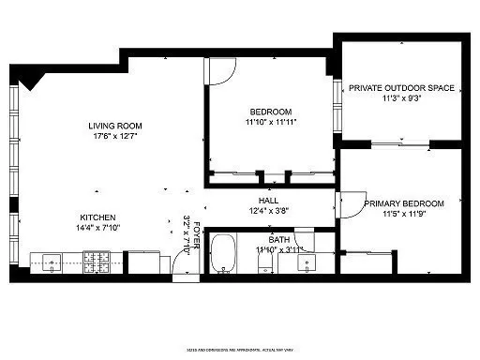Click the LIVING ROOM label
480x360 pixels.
pos(114,126)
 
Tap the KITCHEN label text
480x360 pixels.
pos(97,217)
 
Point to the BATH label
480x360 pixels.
pos(279,239)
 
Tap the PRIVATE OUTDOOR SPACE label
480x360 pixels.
pos(401,88)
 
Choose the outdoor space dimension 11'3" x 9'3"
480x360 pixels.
pos(401,98)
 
